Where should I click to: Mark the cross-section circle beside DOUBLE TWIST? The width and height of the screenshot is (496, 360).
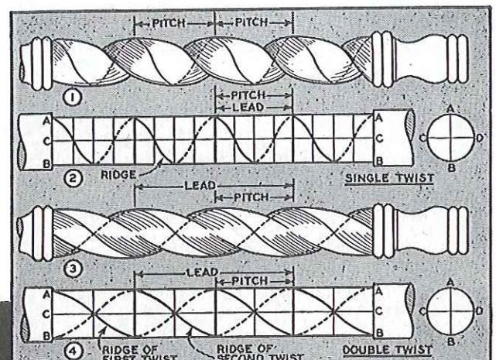pyautogui.click(x=451, y=310)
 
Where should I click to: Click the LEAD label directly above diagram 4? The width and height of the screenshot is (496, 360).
pyautogui.click(x=203, y=273)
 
